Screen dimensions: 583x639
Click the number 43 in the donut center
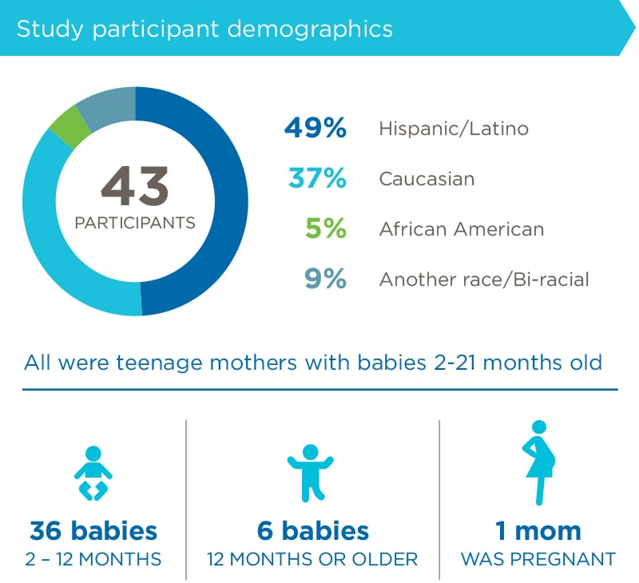(135, 187)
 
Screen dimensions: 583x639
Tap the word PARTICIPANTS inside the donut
(135, 223)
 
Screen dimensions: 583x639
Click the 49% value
(315, 129)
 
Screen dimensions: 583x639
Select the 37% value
(317, 179)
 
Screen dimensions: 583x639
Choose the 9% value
(324, 280)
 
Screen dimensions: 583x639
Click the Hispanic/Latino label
(453, 129)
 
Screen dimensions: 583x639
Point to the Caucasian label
(427, 179)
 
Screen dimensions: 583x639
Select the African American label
(461, 229)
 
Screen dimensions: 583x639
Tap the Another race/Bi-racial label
(483, 280)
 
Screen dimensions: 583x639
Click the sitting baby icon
(93, 473)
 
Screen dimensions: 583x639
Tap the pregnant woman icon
(539, 463)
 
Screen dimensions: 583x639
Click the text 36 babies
(93, 530)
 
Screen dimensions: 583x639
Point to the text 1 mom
(536, 530)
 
